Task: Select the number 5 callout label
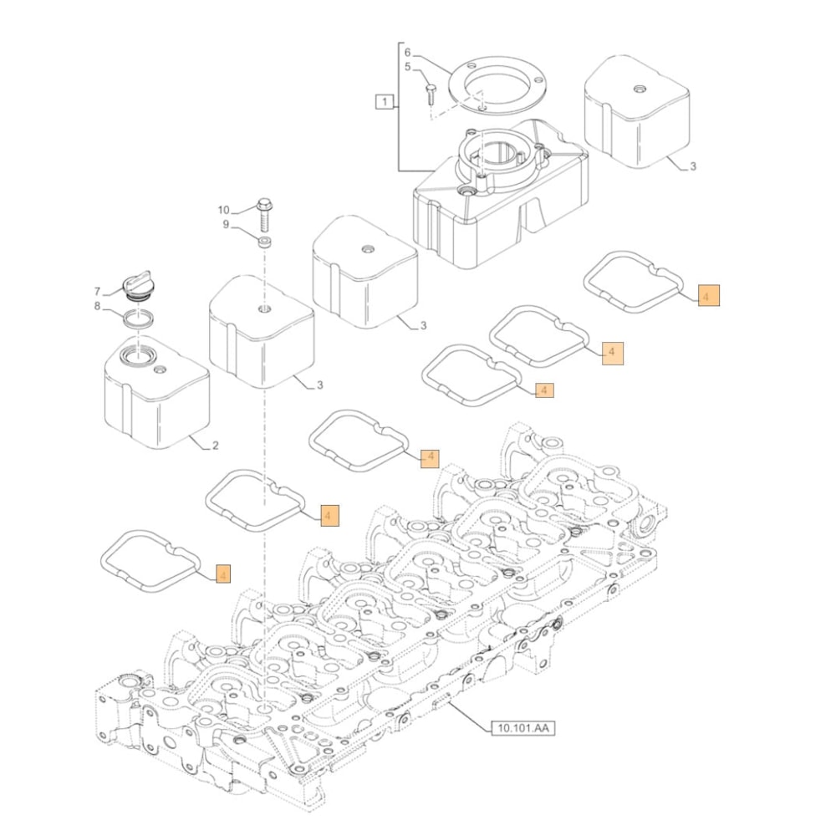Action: [408, 67]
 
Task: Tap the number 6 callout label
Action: [408, 50]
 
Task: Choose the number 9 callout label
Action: [226, 224]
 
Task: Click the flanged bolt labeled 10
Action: [264, 215]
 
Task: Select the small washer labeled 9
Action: [264, 242]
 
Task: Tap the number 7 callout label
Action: [97, 291]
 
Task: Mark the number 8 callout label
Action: [97, 307]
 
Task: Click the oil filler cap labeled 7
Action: [135, 286]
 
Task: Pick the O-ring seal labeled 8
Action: [139, 318]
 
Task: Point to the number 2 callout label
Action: [215, 446]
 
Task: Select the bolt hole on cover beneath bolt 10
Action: [264, 310]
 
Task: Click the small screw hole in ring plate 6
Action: [484, 106]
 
